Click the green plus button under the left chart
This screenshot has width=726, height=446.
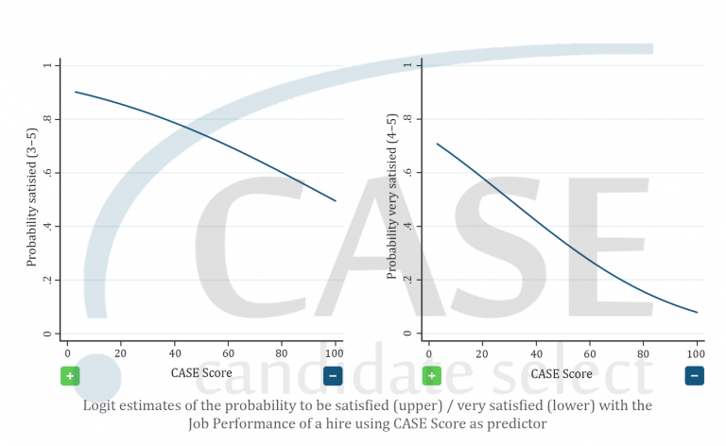[70, 376]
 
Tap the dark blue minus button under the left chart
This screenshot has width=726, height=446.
[333, 376]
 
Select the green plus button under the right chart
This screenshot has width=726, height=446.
[432, 376]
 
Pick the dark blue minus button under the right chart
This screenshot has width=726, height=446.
[695, 376]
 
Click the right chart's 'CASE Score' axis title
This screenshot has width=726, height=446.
[562, 373]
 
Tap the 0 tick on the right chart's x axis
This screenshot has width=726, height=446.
[428, 352]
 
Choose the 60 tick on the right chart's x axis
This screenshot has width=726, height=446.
[589, 352]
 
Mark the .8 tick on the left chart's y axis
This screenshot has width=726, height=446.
[45, 119]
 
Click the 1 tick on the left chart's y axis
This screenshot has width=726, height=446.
[45, 65]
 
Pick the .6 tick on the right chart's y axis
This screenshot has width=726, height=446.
[407, 173]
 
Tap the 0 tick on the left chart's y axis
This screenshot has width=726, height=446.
[45, 334]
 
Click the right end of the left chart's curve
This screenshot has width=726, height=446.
[335, 200]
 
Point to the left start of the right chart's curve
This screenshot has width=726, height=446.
[437, 144]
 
